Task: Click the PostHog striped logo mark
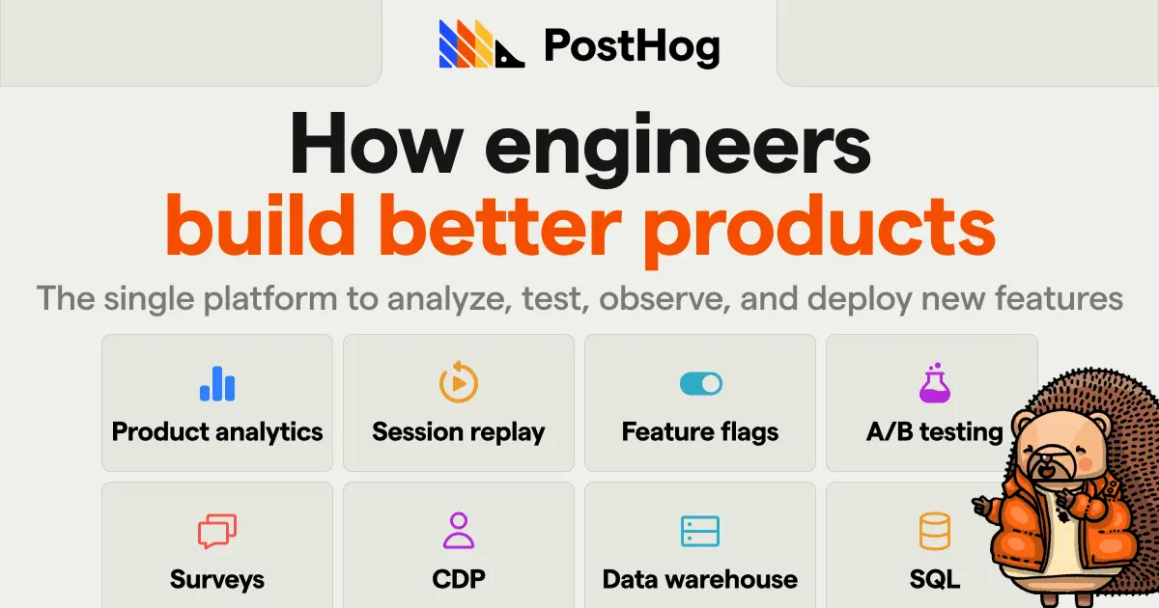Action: pyautogui.click(x=481, y=44)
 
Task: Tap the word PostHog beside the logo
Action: pyautogui.click(x=632, y=45)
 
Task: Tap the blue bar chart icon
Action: pyautogui.click(x=217, y=384)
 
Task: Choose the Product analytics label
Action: pyautogui.click(x=217, y=431)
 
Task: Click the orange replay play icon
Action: pyautogui.click(x=459, y=383)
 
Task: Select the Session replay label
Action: pyautogui.click(x=459, y=431)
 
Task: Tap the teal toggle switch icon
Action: pyautogui.click(x=700, y=384)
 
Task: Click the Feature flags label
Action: pyautogui.click(x=700, y=431)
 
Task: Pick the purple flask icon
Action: pyautogui.click(x=934, y=383)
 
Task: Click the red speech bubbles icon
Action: pyautogui.click(x=217, y=531)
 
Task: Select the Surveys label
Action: pyautogui.click(x=217, y=579)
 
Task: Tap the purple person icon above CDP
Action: pyautogui.click(x=459, y=531)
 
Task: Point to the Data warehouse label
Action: pyautogui.click(x=700, y=579)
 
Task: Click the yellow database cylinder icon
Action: pyautogui.click(x=934, y=531)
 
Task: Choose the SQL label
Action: pyautogui.click(x=934, y=579)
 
